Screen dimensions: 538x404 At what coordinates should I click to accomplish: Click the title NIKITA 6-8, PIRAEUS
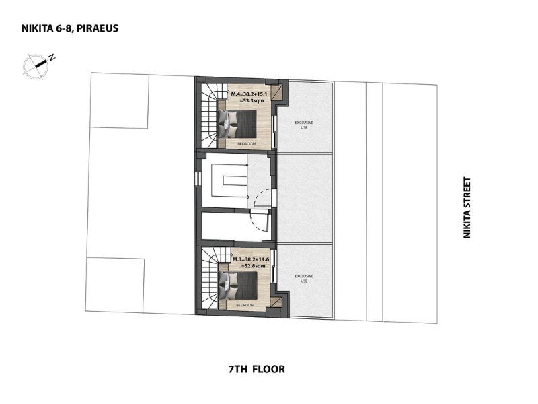click(x=70, y=28)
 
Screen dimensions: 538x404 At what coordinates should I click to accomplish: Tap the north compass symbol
click(x=36, y=65)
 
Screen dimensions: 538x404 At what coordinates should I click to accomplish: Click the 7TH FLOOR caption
click(x=257, y=369)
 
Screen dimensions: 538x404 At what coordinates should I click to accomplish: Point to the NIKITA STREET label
click(x=467, y=207)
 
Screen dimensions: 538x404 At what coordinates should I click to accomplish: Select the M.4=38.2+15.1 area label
click(x=249, y=94)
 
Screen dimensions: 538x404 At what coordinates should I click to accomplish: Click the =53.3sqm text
click(x=252, y=100)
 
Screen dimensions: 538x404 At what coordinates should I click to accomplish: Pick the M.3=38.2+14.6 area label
click(x=251, y=259)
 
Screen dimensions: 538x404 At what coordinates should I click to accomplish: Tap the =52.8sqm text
click(x=254, y=266)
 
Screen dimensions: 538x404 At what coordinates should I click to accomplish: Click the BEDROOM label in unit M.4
click(x=247, y=144)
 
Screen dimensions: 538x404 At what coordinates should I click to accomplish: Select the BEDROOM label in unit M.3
click(x=245, y=305)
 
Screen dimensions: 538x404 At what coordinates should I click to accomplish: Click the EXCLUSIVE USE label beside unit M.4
click(x=304, y=125)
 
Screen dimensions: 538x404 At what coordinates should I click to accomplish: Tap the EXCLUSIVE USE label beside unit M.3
click(x=304, y=279)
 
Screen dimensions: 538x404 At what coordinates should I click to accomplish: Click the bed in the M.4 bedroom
click(x=237, y=124)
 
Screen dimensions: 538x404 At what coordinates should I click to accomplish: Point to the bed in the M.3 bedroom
click(x=238, y=285)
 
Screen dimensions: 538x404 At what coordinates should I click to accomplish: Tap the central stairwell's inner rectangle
click(x=235, y=180)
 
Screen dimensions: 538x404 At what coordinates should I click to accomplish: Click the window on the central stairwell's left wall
click(x=197, y=179)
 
